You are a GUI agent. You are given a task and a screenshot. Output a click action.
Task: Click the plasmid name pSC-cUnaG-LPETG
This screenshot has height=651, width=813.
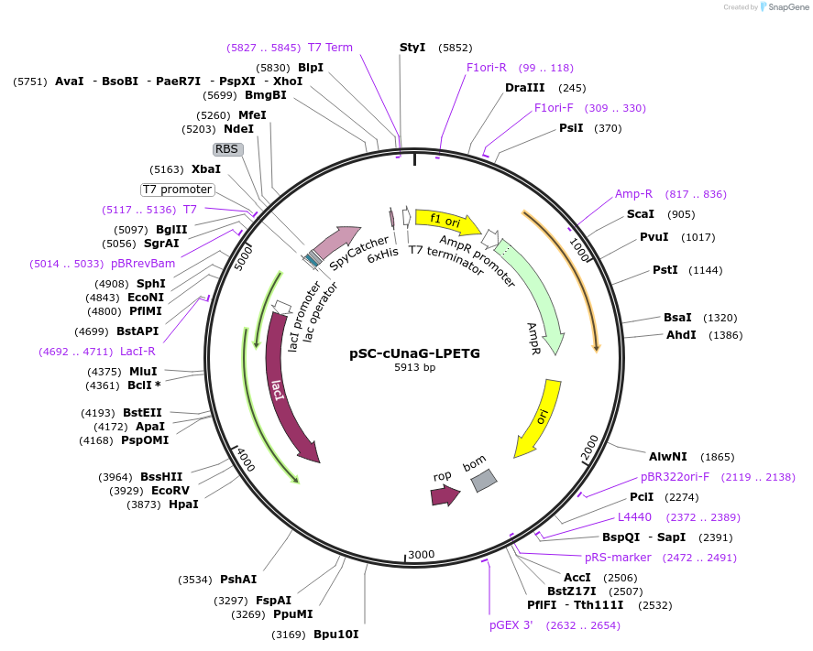click(x=414, y=353)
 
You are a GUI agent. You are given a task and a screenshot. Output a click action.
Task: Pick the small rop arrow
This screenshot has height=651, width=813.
click(x=445, y=495)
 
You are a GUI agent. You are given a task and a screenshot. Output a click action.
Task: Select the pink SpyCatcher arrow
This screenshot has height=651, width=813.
click(x=335, y=242)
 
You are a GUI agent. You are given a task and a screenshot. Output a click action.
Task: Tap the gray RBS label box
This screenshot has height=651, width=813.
click(x=228, y=148)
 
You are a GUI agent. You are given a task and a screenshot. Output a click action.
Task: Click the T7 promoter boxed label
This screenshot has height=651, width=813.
click(x=177, y=190)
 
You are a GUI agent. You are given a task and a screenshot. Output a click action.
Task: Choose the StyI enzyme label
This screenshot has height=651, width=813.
click(x=412, y=47)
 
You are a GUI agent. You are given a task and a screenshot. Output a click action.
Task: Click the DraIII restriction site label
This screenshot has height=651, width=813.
click(x=524, y=88)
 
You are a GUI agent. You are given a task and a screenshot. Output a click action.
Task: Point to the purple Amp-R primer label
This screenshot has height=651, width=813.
click(x=633, y=194)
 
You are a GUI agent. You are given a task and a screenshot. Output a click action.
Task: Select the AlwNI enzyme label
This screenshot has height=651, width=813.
click(x=667, y=456)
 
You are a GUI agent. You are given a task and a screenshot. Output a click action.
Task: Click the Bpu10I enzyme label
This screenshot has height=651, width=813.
click(x=336, y=634)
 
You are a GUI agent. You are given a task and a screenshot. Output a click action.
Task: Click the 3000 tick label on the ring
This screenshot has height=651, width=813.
click(x=422, y=555)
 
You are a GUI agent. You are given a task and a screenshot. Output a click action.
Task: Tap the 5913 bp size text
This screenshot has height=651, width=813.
click(x=414, y=368)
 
